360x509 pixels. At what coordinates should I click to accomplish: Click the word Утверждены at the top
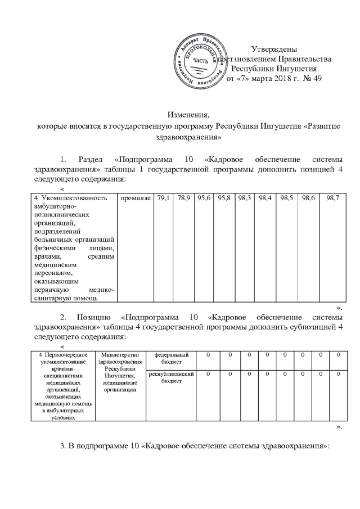pyautogui.click(x=274, y=49)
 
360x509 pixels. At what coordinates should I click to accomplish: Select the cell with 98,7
pyautogui.click(x=332, y=199)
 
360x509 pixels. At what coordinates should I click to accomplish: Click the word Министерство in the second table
pyautogui.click(x=119, y=355)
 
